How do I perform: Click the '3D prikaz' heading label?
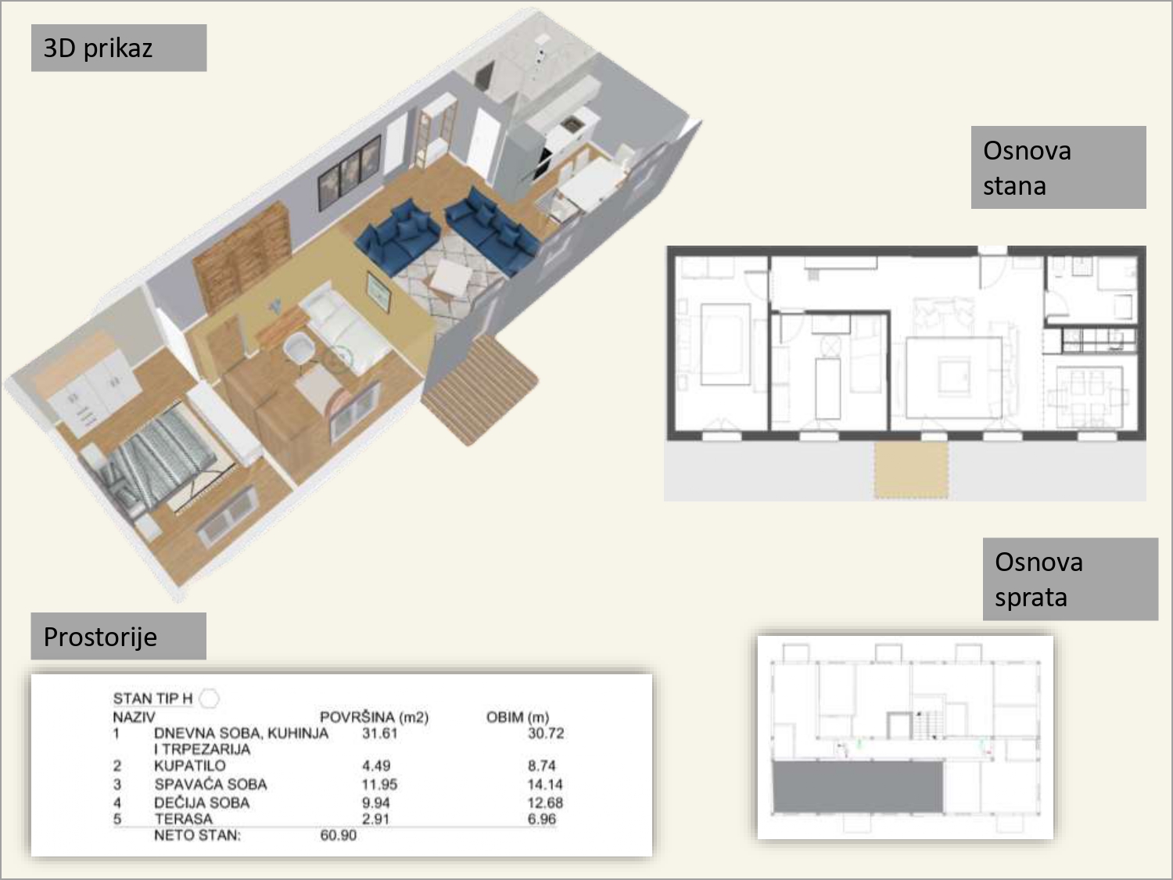[x=119, y=48]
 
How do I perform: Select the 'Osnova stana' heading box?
[x=1058, y=167]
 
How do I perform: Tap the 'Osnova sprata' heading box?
[x=1071, y=579]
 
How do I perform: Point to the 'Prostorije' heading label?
[x=118, y=636]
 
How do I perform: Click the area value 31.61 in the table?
[x=379, y=733]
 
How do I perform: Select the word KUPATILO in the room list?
[x=190, y=766]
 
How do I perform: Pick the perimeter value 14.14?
[x=545, y=785]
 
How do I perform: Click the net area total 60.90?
[x=339, y=835]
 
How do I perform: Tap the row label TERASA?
[x=183, y=818]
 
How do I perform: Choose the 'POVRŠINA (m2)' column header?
[x=374, y=717]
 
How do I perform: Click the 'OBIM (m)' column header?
[x=518, y=717]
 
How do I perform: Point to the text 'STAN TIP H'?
[x=152, y=699]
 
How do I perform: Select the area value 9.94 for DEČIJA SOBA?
[x=375, y=803]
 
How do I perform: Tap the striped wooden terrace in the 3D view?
[x=479, y=390]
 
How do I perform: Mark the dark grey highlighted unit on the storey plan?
[x=858, y=787]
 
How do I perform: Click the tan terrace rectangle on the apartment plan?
[x=911, y=470]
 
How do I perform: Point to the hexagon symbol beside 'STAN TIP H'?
[x=209, y=699]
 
